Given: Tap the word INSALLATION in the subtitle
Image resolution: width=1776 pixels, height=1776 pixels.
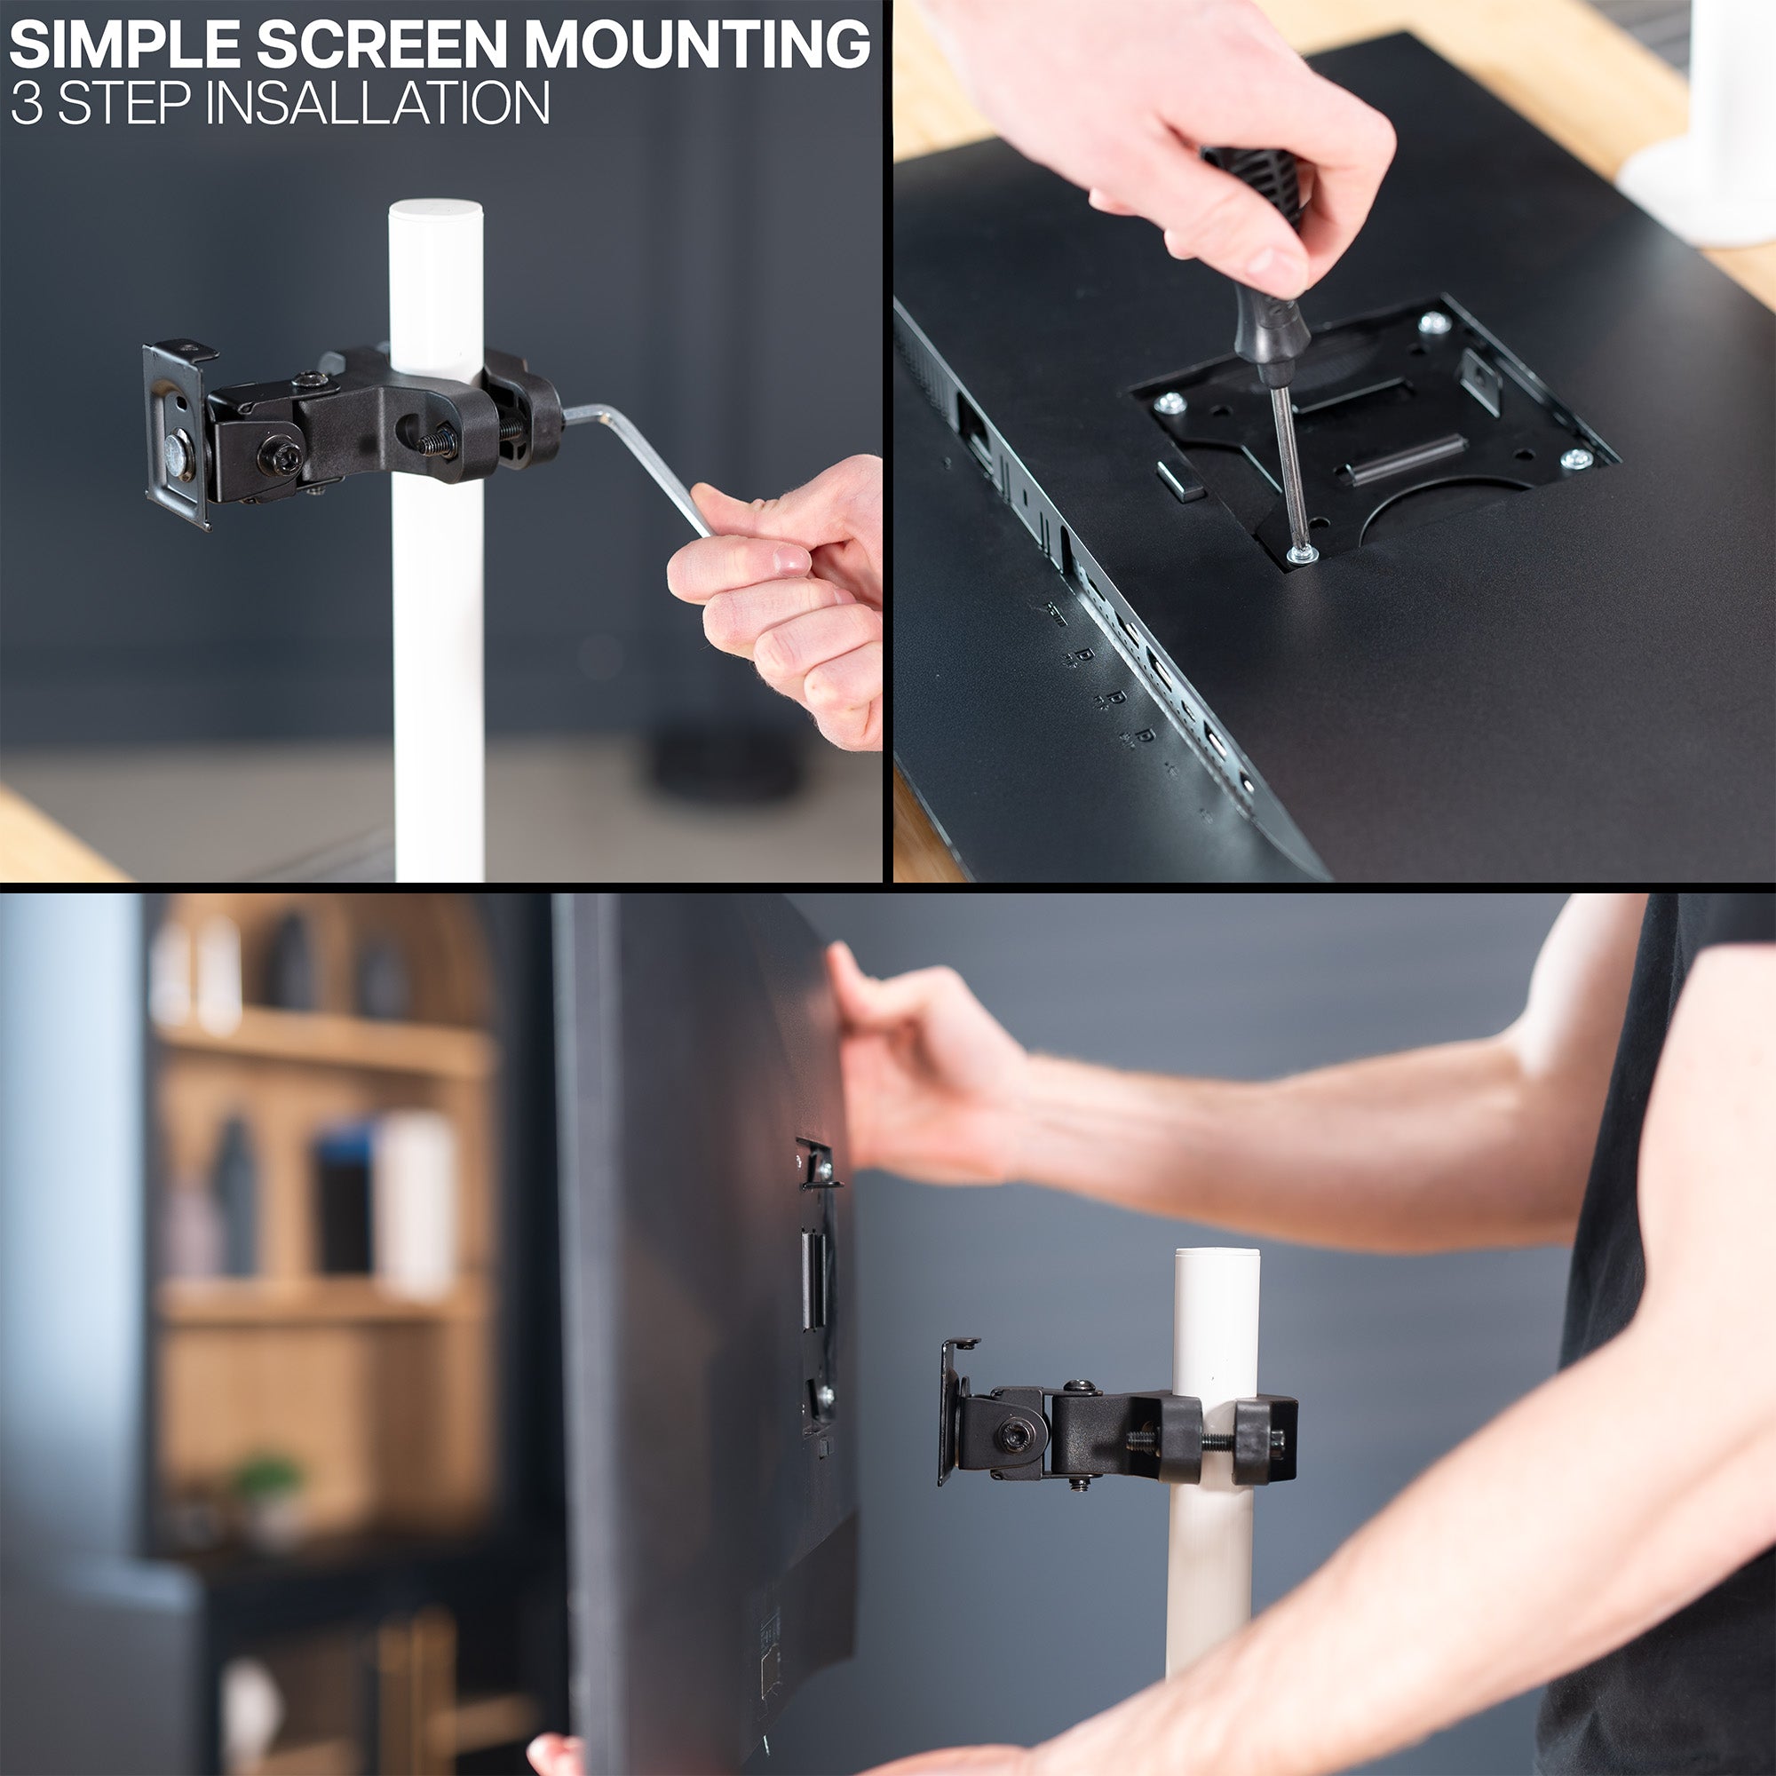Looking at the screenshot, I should click(377, 103).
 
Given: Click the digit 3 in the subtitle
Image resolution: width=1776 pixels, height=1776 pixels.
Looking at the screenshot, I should click(27, 103).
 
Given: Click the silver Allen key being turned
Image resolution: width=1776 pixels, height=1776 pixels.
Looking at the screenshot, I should click(644, 460).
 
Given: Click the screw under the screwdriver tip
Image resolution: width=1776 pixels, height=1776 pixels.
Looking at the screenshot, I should click(1301, 553).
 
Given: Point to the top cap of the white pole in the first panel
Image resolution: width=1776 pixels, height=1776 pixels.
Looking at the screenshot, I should click(436, 213).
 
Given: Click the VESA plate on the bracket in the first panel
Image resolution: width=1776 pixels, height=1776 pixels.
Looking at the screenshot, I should click(176, 432).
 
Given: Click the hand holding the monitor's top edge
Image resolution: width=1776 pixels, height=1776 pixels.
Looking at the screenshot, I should click(919, 1066).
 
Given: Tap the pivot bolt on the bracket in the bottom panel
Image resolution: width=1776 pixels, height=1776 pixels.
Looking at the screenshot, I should click(1016, 1435).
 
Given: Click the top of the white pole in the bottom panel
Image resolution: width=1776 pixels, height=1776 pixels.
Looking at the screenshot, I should click(1217, 1257).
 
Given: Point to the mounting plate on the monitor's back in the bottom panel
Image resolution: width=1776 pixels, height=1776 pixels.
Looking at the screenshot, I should click(816, 1287).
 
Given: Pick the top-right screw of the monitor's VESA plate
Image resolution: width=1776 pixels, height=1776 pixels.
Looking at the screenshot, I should click(1433, 321).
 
